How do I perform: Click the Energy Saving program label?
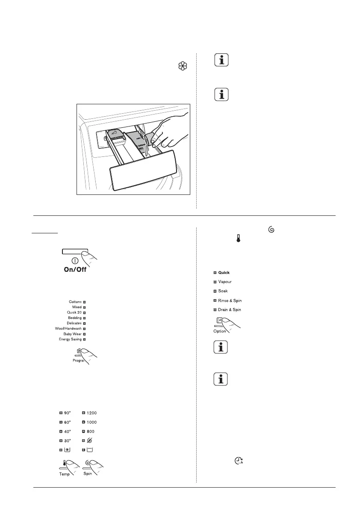tap(70, 339)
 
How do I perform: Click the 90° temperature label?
tap(67, 413)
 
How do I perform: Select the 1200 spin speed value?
tap(91, 413)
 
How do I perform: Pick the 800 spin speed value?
tap(90, 431)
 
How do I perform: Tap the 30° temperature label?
tap(67, 440)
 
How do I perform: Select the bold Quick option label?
tap(224, 272)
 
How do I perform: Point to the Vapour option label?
tap(225, 282)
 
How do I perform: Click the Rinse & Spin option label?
tap(230, 300)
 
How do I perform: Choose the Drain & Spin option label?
tap(230, 309)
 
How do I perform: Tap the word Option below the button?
tap(219, 331)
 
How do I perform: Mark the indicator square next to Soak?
tap(214, 291)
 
